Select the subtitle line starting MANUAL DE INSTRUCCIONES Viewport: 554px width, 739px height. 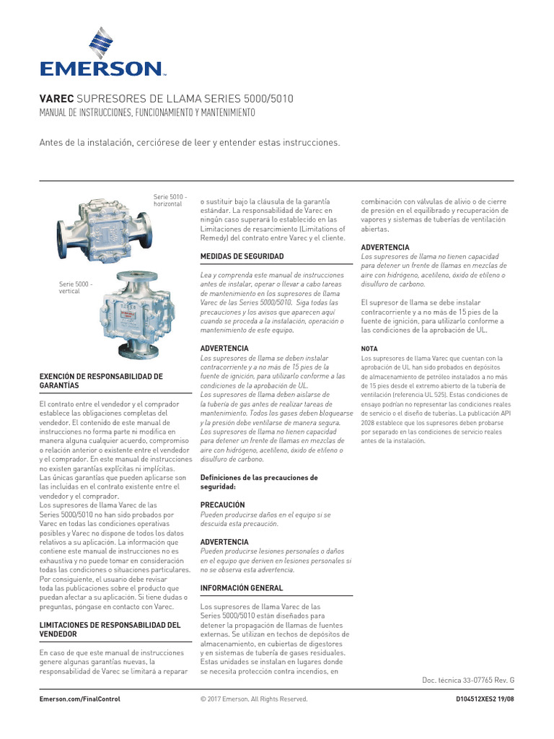[146, 113]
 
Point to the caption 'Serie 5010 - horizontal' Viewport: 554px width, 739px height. [171, 200]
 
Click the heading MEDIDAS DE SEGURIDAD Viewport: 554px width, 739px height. [242, 256]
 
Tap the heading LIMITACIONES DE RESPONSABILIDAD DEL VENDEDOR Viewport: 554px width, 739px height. [109, 629]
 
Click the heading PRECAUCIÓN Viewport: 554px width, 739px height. [222, 504]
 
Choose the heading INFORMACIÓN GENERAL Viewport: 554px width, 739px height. [241, 588]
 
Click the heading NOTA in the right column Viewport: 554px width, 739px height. [369, 349]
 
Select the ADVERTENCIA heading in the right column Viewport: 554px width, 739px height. [385, 248]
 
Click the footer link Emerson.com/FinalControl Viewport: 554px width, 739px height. [79, 699]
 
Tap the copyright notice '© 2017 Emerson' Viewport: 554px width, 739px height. [253, 699]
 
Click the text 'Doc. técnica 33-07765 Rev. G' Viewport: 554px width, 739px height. [467, 680]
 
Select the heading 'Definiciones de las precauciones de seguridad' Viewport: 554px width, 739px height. [258, 482]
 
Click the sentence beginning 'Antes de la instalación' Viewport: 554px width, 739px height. [189, 143]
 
